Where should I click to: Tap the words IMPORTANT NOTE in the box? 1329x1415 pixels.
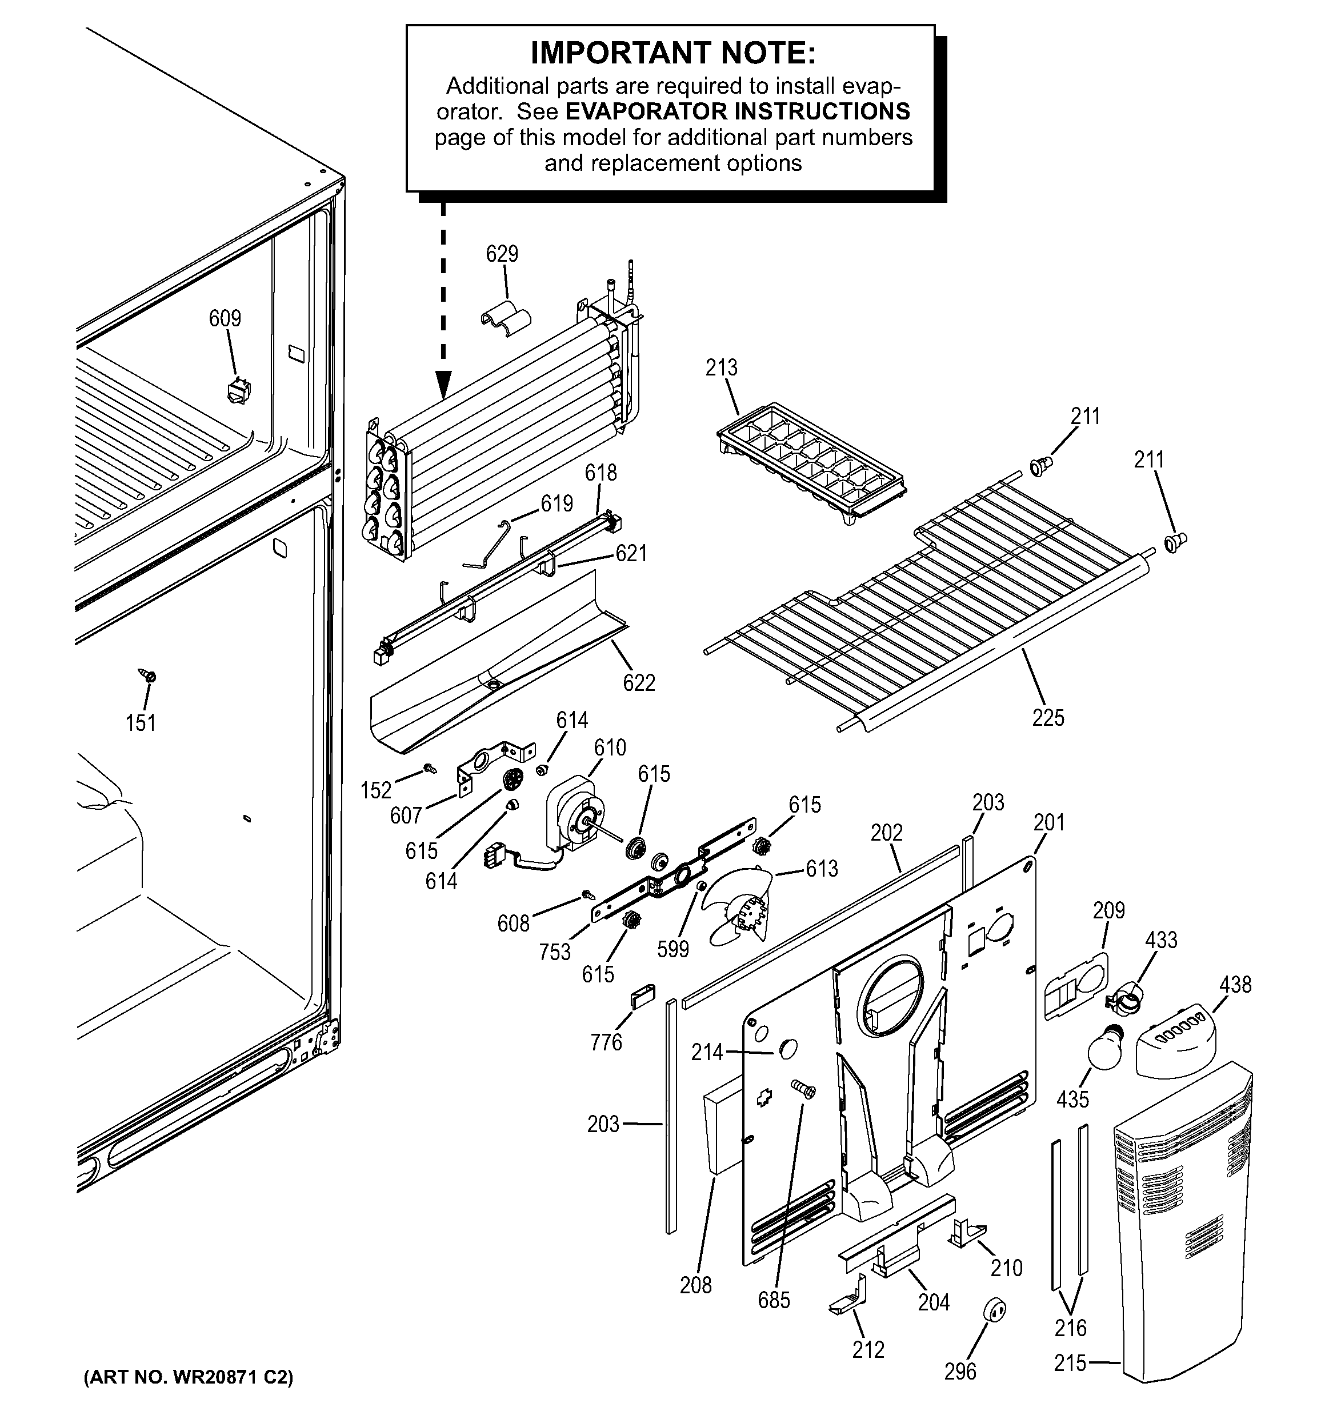(672, 53)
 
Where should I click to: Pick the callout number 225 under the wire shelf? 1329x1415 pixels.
(1048, 717)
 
